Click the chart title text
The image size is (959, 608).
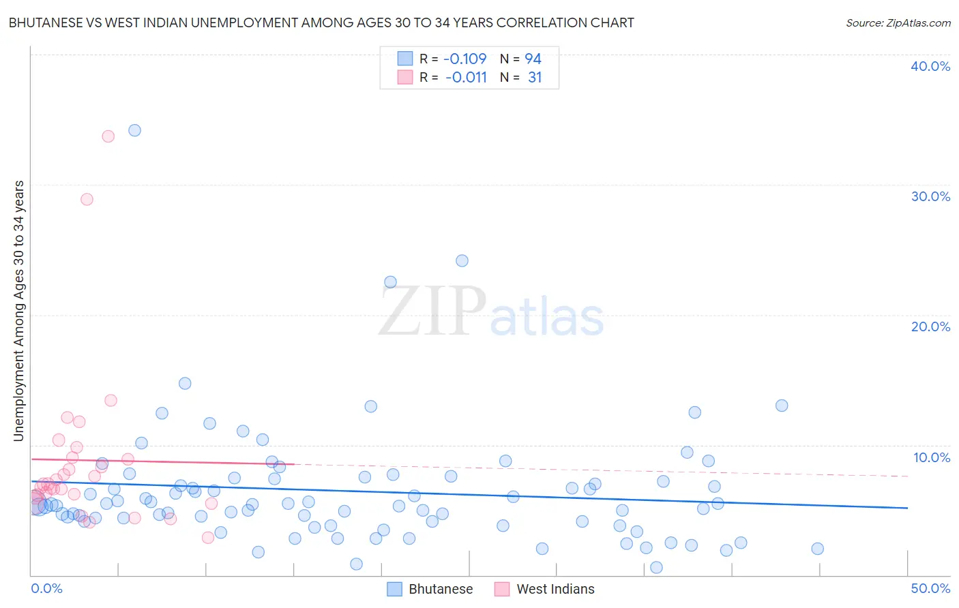[x=321, y=22]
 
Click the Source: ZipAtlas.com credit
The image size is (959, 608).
[x=898, y=22]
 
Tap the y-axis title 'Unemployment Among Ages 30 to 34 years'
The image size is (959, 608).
[x=19, y=311]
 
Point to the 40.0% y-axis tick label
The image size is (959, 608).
[x=930, y=66]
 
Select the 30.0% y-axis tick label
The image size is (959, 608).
[x=930, y=196]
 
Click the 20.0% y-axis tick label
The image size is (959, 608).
[x=930, y=326]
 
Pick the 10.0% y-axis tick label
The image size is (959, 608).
[x=931, y=457]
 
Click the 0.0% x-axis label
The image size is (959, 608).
[x=46, y=588]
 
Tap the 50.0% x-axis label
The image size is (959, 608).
[x=930, y=588]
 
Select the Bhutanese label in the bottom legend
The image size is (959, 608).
[x=441, y=589]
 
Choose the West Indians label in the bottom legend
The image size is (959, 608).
[x=555, y=589]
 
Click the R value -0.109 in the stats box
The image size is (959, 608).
[x=464, y=59]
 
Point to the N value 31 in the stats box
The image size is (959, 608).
[x=535, y=78]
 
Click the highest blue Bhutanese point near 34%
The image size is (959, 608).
[x=134, y=130]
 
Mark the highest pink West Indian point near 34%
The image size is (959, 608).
[x=108, y=136]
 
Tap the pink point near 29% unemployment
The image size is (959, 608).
[x=87, y=199]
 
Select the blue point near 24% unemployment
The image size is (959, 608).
[x=462, y=260]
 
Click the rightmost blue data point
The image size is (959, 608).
[x=817, y=549]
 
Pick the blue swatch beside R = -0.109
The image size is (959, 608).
[x=405, y=59]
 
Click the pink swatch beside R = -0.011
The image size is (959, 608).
[x=405, y=78]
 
